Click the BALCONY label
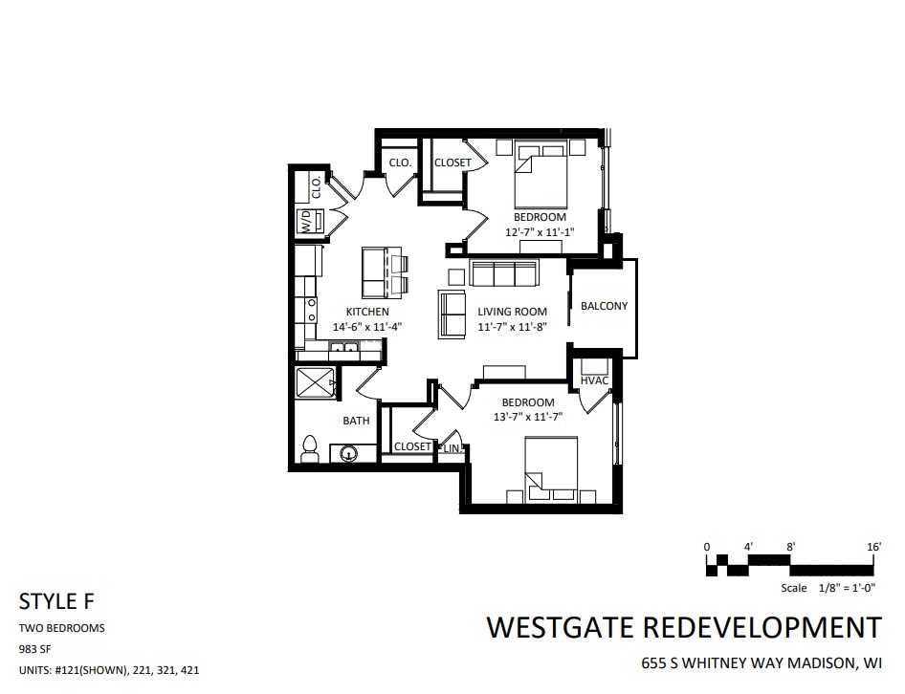pos(604,306)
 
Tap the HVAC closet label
pos(594,380)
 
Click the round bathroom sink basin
pos(348,453)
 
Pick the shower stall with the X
pos(315,382)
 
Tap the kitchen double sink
pos(344,347)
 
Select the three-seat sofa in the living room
pos(503,272)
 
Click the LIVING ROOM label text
pos(512,312)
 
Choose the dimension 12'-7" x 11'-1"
pos(540,232)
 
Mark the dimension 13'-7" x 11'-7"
pos(527,417)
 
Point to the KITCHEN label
pos(367,312)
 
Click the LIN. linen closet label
pos(452,448)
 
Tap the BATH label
pos(356,421)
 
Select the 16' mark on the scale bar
pos(873,547)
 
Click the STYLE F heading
pos(56,601)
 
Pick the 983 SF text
pos(35,649)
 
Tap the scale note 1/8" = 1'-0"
pos(848,588)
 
